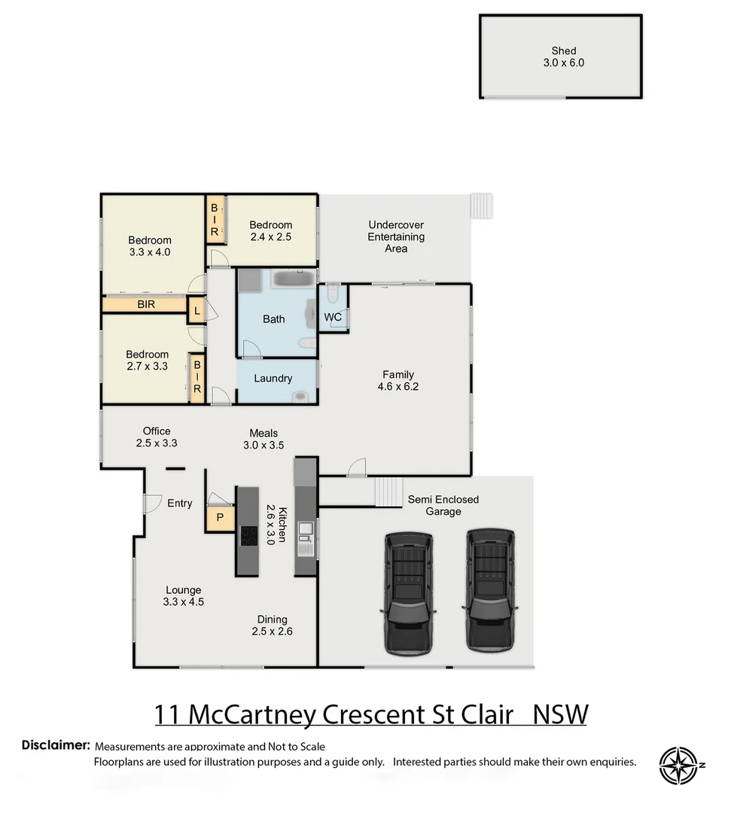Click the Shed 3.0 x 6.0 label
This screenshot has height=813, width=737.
[563, 57]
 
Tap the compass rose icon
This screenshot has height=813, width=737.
[681, 766]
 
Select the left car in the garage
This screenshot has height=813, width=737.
[409, 592]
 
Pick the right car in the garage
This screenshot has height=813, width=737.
[489, 591]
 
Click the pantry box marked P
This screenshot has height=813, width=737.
[220, 517]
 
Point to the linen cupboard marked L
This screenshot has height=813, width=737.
[196, 310]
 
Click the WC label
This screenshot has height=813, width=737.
[333, 317]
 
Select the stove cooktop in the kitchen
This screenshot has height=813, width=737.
[248, 536]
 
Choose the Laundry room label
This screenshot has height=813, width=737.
[273, 379]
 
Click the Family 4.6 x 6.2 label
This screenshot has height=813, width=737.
[398, 381]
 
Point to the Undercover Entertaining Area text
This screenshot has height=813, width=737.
[396, 236]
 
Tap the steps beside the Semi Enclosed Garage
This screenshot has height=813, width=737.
[389, 493]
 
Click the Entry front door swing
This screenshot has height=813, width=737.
[152, 502]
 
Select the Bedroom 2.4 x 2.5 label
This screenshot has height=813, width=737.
[270, 230]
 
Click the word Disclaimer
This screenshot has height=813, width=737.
[56, 745]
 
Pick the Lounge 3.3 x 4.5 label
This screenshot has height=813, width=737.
[183, 595]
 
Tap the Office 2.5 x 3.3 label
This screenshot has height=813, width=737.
[157, 437]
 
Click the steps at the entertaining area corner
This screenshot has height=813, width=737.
[481, 206]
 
